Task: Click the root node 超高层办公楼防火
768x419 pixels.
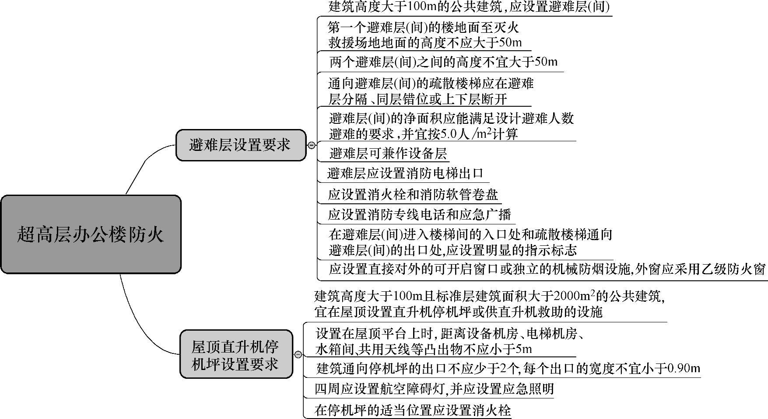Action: (91, 234)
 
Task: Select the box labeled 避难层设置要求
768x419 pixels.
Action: (240, 145)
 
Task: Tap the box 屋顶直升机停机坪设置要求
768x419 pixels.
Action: (236, 354)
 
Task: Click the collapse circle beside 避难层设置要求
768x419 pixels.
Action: (312, 145)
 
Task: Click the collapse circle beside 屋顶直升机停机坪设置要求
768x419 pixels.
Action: (298, 355)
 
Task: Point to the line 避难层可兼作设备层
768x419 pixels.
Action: (388, 154)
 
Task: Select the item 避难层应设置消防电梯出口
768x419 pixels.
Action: (405, 174)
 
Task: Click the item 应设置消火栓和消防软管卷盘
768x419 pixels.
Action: (413, 194)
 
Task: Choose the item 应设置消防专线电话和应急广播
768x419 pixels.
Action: (419, 215)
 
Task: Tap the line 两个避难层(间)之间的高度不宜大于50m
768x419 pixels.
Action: (443, 62)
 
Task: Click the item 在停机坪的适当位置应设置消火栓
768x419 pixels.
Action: (412, 410)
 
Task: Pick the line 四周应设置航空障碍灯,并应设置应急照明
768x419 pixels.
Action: (434, 389)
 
